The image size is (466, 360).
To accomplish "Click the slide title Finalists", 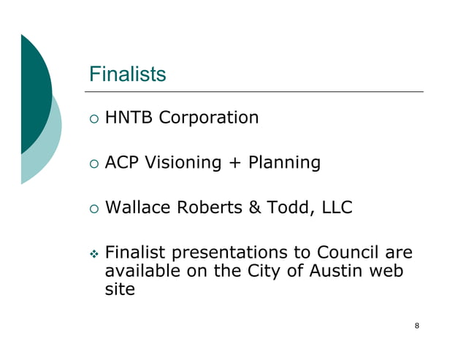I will (x=127, y=74).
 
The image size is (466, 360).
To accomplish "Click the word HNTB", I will (x=129, y=118).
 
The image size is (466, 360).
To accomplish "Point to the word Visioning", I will (x=183, y=163).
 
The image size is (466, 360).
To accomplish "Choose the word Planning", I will (x=284, y=164).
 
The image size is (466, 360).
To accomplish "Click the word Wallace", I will (x=139, y=208).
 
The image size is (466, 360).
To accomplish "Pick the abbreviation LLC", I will (x=335, y=208).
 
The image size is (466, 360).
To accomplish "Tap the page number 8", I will (x=416, y=326).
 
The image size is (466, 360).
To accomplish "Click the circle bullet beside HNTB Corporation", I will (x=93, y=118).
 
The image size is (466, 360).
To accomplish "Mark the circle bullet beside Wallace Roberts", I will (x=93, y=209).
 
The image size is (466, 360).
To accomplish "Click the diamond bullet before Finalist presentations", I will (x=93, y=255).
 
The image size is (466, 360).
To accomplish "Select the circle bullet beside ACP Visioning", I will (x=93, y=164).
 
